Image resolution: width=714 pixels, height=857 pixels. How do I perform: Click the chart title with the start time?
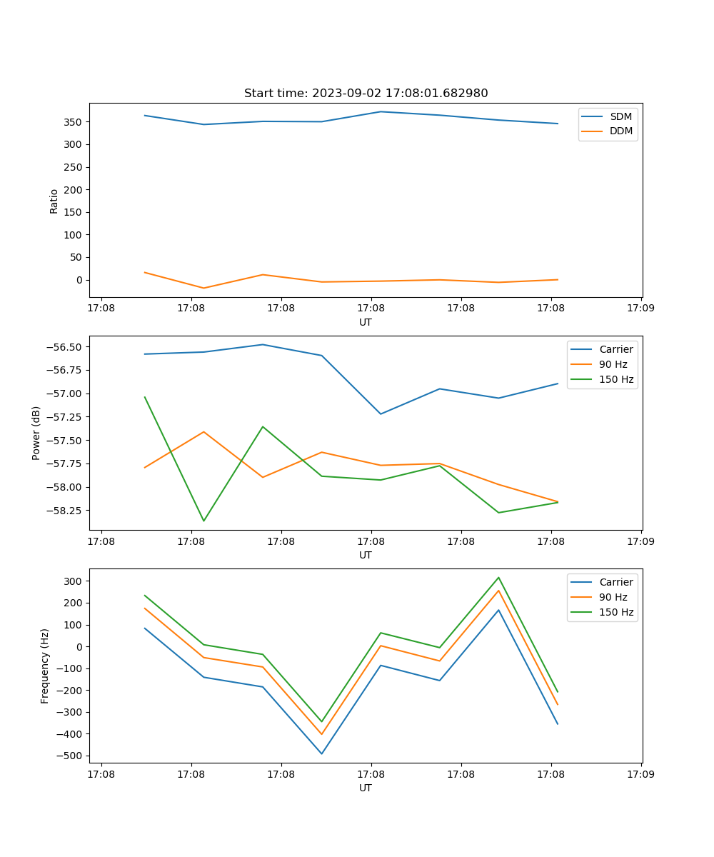pyautogui.click(x=366, y=94)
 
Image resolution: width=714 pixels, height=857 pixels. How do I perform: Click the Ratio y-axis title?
pyautogui.click(x=54, y=201)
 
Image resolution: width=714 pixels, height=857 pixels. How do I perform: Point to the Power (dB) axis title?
pyautogui.click(x=36, y=433)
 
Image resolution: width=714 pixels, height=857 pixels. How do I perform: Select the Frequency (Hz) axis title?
pyautogui.click(x=45, y=666)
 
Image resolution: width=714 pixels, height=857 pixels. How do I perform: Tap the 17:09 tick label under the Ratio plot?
pyautogui.click(x=640, y=309)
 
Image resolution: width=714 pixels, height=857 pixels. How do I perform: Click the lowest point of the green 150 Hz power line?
pyautogui.click(x=203, y=521)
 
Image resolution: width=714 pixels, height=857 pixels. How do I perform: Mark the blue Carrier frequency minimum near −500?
pyautogui.click(x=321, y=753)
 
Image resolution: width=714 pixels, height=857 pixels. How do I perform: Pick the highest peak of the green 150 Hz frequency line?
pyautogui.click(x=498, y=578)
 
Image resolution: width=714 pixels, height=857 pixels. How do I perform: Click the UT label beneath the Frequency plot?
pyautogui.click(x=366, y=788)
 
